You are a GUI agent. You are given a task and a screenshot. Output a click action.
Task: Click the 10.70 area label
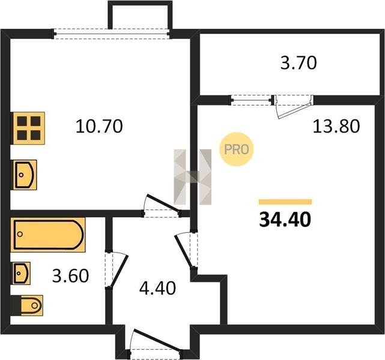click(x=99, y=126)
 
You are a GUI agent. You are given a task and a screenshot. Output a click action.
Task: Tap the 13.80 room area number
click(x=336, y=126)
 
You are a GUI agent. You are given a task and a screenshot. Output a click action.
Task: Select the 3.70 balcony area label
click(x=299, y=63)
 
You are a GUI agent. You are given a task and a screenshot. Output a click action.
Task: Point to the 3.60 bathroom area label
click(x=70, y=275)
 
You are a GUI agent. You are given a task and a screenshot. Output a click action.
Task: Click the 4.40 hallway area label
click(x=157, y=288)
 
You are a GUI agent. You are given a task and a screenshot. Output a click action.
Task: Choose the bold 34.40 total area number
click(x=285, y=220)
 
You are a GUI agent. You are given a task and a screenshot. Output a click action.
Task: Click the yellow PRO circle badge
click(x=237, y=149)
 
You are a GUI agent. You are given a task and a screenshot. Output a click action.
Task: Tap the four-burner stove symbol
click(x=29, y=128)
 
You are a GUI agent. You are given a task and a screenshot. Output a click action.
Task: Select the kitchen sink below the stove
click(x=25, y=175)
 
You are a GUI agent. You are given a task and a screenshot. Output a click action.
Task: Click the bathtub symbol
click(x=48, y=235)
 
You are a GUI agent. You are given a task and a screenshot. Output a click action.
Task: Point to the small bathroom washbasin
click(x=22, y=273)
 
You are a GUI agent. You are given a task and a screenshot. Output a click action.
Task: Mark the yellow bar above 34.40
click(x=285, y=202)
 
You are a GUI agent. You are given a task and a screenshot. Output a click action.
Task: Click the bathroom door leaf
click(x=119, y=271)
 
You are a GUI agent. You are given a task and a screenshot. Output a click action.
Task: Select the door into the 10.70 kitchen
click(x=162, y=202)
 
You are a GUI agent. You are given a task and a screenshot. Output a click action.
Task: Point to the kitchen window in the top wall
click(x=112, y=34)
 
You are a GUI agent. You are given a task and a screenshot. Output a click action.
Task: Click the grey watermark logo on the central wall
click(x=192, y=177)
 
